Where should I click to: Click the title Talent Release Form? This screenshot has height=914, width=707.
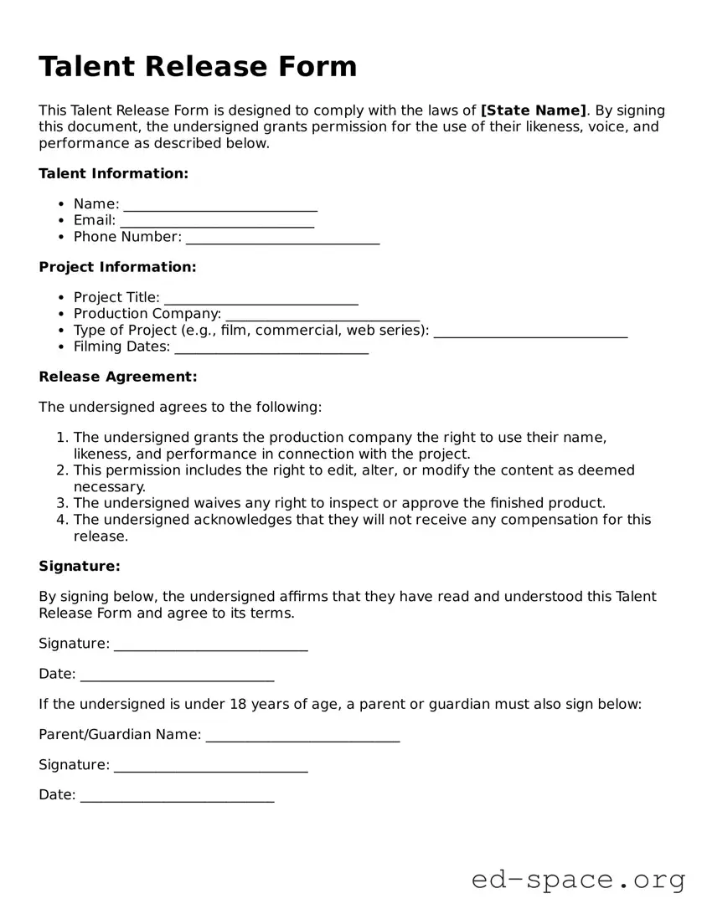(x=198, y=66)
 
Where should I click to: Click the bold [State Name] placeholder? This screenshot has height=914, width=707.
(x=534, y=110)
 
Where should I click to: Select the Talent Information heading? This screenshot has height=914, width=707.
(x=114, y=173)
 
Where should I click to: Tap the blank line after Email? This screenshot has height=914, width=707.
(x=217, y=223)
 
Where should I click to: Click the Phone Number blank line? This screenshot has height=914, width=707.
(x=282, y=239)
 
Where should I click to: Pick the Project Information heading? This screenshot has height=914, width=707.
(x=117, y=267)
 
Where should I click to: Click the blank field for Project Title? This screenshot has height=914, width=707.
(x=261, y=300)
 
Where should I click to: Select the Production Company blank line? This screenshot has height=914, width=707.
(x=323, y=316)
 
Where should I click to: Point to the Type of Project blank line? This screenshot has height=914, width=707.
(x=530, y=333)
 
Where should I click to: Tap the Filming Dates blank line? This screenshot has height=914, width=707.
(x=271, y=349)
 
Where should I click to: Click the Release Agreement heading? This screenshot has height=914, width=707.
(x=118, y=377)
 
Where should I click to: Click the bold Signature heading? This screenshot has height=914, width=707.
(x=80, y=566)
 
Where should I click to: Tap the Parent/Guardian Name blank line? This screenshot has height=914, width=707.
(x=302, y=737)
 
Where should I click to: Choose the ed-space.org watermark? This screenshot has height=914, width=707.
(x=578, y=880)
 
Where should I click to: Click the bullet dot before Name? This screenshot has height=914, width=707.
(x=61, y=204)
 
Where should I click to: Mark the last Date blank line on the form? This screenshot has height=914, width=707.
(x=177, y=798)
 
